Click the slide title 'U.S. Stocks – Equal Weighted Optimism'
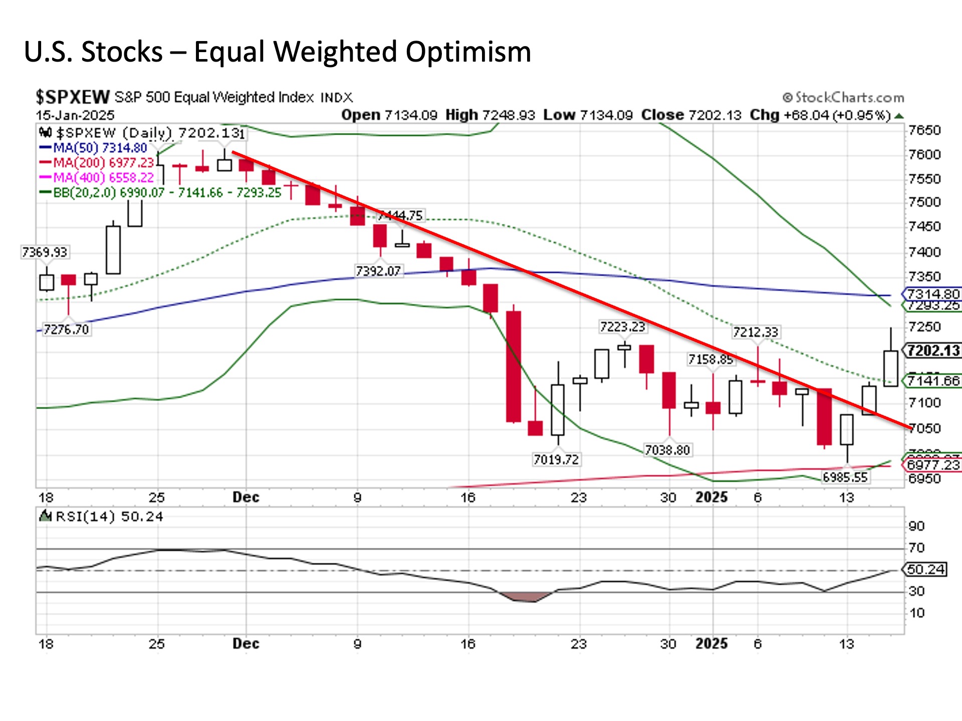(x=277, y=52)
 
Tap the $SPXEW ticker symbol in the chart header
(x=72, y=97)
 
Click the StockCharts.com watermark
(x=843, y=97)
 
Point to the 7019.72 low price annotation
(x=556, y=459)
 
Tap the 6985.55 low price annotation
(x=845, y=477)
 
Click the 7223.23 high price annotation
(x=622, y=327)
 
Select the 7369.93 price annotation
(x=44, y=252)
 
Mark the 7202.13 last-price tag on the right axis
(x=933, y=350)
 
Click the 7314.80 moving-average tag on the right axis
(x=933, y=293)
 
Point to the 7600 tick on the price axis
(x=924, y=154)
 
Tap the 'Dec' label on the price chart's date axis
(x=246, y=497)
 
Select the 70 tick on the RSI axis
(x=916, y=548)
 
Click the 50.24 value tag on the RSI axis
(x=926, y=569)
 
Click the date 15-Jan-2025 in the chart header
(x=75, y=115)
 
